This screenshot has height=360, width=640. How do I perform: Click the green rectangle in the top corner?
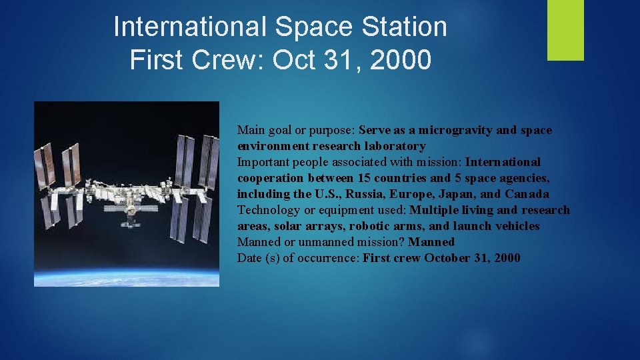565,30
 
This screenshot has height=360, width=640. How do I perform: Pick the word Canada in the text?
527,194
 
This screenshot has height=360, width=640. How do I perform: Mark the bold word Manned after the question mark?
431,242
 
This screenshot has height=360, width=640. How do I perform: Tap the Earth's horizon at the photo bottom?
127,275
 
